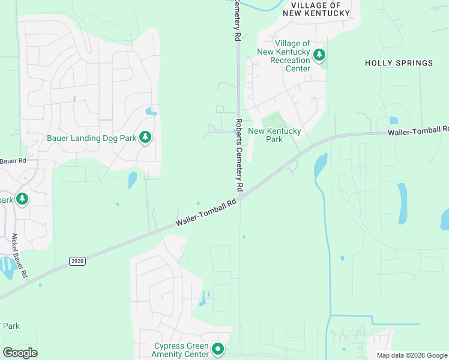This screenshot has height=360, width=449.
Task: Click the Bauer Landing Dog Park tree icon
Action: pos(145,138)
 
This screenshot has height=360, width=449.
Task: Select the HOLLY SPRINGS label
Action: pos(399,63)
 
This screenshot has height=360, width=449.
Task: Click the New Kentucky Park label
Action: pos(274,135)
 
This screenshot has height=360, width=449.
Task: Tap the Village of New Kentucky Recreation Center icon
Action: pos(319,56)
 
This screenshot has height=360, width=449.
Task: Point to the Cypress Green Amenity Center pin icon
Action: pos(218,349)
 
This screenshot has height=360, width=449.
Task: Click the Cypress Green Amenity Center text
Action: pos(181,350)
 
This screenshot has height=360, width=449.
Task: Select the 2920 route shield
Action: pos(77,261)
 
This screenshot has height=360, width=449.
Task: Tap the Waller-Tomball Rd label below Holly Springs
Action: pos(418,131)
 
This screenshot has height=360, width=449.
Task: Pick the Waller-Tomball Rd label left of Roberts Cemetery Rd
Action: pos(206,214)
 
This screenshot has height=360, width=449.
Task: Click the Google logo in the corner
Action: pos(20,353)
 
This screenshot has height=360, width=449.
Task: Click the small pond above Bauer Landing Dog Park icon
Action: pos(151,112)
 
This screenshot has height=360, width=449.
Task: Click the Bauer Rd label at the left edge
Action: pos(13,161)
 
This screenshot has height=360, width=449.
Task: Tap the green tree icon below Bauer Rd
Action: pos(22,199)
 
